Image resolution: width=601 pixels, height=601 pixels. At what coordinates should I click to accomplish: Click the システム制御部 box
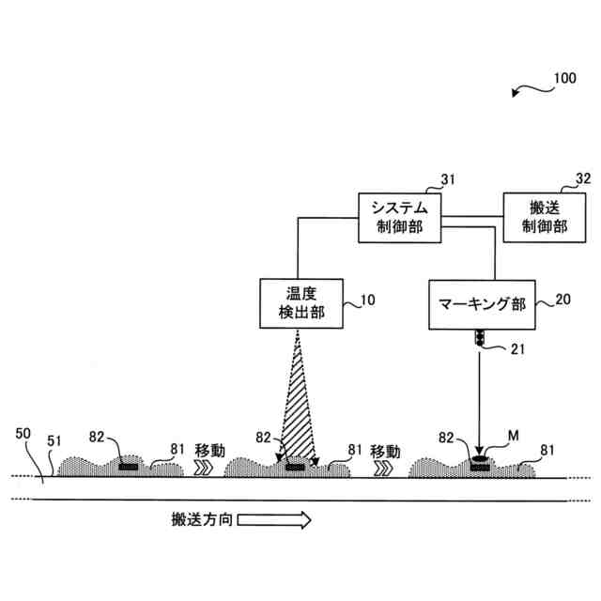(399, 218)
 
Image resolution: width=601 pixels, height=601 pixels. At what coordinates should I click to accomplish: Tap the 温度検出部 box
(297, 302)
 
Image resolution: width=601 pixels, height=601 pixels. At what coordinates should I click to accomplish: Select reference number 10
(367, 301)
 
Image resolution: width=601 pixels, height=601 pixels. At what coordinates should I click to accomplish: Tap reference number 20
(562, 300)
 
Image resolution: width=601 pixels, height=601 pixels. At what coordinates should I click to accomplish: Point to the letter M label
(514, 436)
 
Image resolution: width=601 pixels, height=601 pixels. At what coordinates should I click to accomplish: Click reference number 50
(24, 433)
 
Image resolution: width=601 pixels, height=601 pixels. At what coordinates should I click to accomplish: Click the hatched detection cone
(298, 413)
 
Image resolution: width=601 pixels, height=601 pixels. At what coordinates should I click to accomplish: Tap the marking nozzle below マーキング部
(479, 339)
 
